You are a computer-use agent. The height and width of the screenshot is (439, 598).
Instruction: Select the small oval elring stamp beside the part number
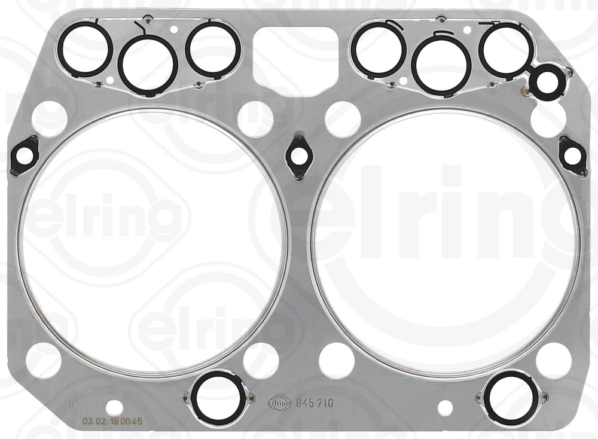pos(280,403)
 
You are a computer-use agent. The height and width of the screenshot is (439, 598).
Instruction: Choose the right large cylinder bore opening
pos(445,243)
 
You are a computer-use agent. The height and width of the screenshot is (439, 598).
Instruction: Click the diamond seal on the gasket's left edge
pos(25,156)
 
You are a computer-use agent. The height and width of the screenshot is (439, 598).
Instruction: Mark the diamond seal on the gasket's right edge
pos(572,156)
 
